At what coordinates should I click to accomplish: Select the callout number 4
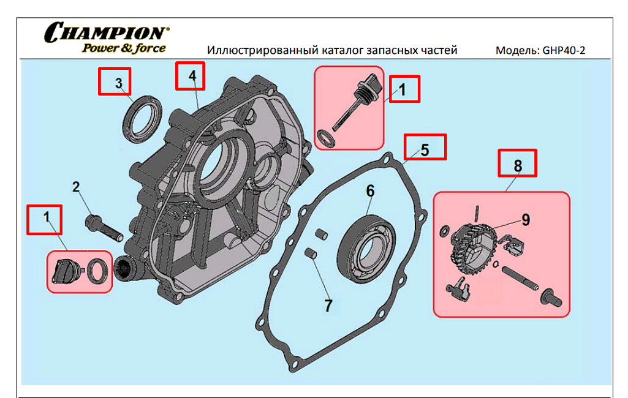point(192,76)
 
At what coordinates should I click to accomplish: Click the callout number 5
point(425,148)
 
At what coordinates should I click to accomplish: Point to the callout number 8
point(518,165)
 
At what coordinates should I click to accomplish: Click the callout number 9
point(526,219)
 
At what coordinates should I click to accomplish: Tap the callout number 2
point(77,187)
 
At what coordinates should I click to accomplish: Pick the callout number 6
point(370,190)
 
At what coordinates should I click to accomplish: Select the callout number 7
point(328,305)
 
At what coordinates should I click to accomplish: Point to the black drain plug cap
point(63,271)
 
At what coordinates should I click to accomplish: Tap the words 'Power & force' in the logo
point(124,48)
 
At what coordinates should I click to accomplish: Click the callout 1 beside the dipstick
point(402,89)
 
